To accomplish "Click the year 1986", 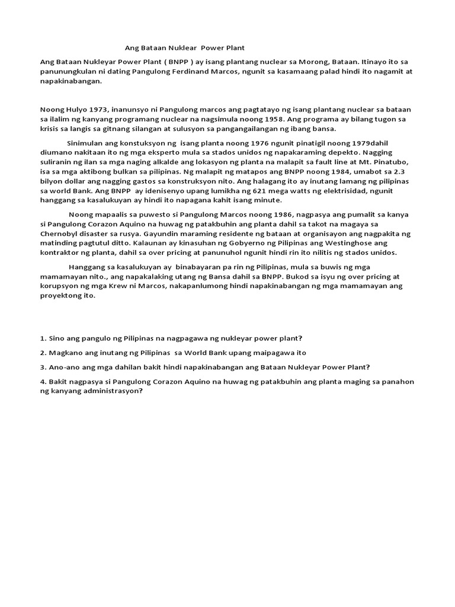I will pos(259,214).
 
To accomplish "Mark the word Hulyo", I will pos(75,110).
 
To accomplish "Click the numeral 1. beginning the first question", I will pos(43,338).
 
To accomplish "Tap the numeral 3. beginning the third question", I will pos(43,367).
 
